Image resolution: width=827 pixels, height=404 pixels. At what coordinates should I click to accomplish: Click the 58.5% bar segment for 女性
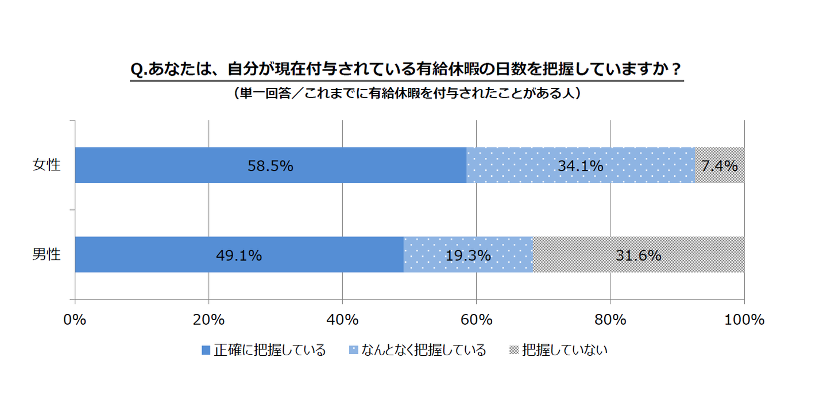(270, 165)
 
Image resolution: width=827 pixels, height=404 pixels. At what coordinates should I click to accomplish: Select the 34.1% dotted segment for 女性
(580, 165)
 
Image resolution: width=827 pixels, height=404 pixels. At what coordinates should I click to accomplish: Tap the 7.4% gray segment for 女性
(719, 165)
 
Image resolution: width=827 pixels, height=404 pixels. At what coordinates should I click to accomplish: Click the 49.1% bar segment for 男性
(239, 255)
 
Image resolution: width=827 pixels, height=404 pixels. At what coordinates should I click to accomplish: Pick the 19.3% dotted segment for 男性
(468, 255)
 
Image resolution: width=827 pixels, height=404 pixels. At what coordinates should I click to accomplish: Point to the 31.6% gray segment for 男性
(638, 255)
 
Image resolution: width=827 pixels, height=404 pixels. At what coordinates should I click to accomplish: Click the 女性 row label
(46, 165)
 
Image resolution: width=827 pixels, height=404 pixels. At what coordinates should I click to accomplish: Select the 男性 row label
(46, 255)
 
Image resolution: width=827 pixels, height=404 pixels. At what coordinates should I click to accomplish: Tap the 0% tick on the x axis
(75, 320)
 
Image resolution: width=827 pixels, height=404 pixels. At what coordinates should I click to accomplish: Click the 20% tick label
(208, 320)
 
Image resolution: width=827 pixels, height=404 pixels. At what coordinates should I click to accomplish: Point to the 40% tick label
(342, 320)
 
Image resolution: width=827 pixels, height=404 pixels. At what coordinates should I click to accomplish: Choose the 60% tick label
(476, 320)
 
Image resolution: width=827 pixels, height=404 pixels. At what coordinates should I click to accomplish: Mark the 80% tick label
(610, 320)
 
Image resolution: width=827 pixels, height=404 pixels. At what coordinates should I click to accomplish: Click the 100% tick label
(744, 320)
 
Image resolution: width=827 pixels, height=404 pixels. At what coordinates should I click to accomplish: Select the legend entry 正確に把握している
(270, 350)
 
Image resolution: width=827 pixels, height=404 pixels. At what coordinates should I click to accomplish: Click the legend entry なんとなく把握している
(424, 350)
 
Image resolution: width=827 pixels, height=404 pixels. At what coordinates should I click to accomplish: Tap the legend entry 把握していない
(565, 350)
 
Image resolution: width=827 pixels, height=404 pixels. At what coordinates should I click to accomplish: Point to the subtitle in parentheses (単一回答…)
(407, 94)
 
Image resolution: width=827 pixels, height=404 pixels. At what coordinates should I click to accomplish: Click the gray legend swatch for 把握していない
(514, 350)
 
